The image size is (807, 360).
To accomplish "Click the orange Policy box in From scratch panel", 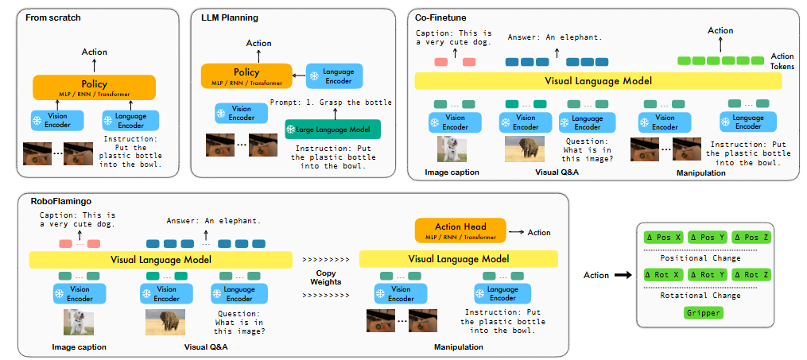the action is [x=94, y=87].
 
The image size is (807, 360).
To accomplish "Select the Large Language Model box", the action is [x=333, y=129].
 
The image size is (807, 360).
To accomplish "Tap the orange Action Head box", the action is [x=460, y=230].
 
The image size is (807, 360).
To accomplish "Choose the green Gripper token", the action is [x=704, y=312].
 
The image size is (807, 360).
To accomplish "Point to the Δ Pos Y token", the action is [x=707, y=238].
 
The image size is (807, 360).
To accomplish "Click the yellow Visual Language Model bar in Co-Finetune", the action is [x=598, y=81].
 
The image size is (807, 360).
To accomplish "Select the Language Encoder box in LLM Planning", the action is [x=335, y=75].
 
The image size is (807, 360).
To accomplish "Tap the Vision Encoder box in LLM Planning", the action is [x=242, y=113].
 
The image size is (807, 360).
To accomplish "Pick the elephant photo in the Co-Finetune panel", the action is [x=525, y=149].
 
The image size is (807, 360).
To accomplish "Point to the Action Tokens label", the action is [x=782, y=61].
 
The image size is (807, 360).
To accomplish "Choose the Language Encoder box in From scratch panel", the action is [x=130, y=120].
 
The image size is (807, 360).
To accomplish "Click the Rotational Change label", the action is [x=700, y=295].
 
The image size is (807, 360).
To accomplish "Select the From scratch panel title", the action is [x=53, y=17].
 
